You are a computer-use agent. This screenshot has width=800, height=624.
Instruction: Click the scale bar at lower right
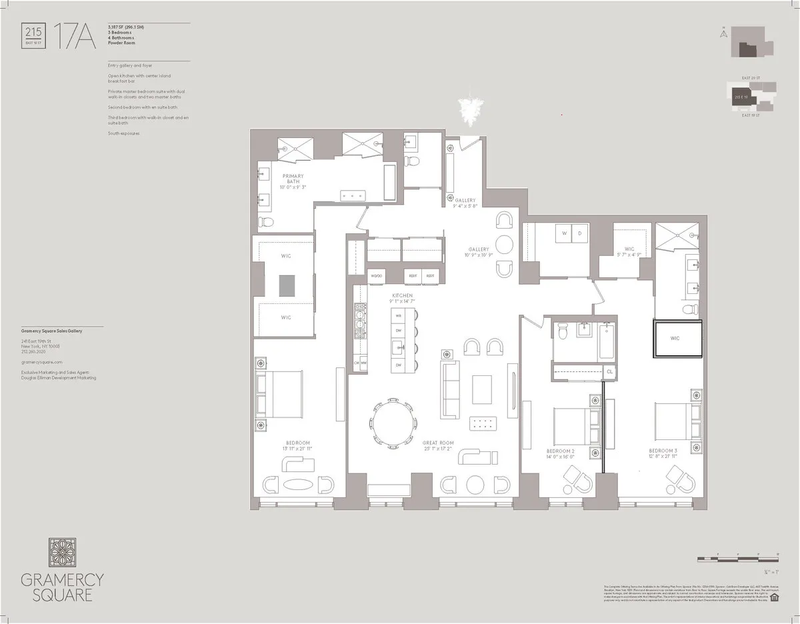[747, 555]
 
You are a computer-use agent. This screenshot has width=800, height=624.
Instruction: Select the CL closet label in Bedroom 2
[609, 372]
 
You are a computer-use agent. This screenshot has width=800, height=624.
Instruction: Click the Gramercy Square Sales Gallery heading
[51, 331]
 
